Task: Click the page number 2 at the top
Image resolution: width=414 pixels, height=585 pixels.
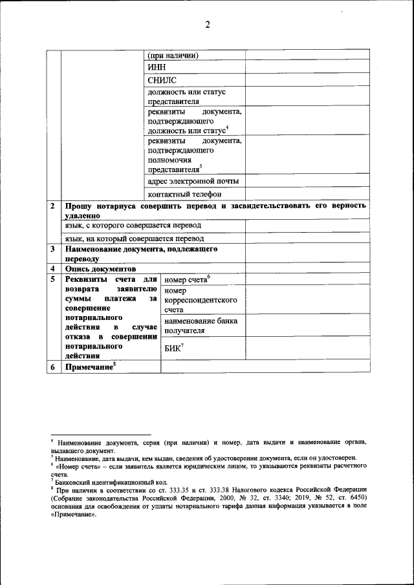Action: [x=208, y=25]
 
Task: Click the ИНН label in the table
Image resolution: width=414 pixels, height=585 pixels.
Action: [x=157, y=67]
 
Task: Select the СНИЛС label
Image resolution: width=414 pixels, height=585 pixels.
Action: [x=162, y=80]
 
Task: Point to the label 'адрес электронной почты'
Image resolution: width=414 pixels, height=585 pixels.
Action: [x=193, y=180]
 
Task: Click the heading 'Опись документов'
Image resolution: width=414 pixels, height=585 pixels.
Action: [x=100, y=268]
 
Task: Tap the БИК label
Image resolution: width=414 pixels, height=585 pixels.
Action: [x=174, y=349]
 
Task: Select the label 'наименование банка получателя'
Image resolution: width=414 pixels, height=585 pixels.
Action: [x=201, y=325]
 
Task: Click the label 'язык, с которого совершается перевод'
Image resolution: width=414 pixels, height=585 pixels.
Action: [x=133, y=225]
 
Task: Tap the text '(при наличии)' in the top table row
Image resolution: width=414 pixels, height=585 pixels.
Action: [x=173, y=54]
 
